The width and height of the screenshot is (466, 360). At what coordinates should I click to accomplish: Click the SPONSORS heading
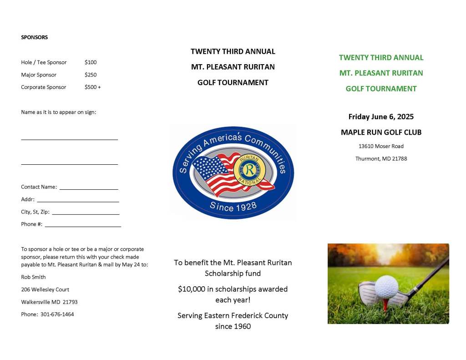34,37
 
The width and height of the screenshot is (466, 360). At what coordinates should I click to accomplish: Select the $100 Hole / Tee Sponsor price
91,62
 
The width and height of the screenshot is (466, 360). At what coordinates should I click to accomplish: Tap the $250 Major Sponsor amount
91,75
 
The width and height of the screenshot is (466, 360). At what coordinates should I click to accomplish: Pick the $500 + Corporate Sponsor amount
92,87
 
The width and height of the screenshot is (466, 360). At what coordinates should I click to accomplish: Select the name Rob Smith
33,277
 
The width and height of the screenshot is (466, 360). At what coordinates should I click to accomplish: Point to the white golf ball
386,286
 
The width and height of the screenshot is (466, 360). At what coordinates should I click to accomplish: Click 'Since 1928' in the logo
233,206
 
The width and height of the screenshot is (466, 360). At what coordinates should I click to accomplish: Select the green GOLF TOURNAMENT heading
381,89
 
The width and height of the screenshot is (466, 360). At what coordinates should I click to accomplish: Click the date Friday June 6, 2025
381,117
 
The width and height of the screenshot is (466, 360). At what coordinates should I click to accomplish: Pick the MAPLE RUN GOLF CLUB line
381,132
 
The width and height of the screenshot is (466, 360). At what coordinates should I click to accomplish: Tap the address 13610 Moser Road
381,147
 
